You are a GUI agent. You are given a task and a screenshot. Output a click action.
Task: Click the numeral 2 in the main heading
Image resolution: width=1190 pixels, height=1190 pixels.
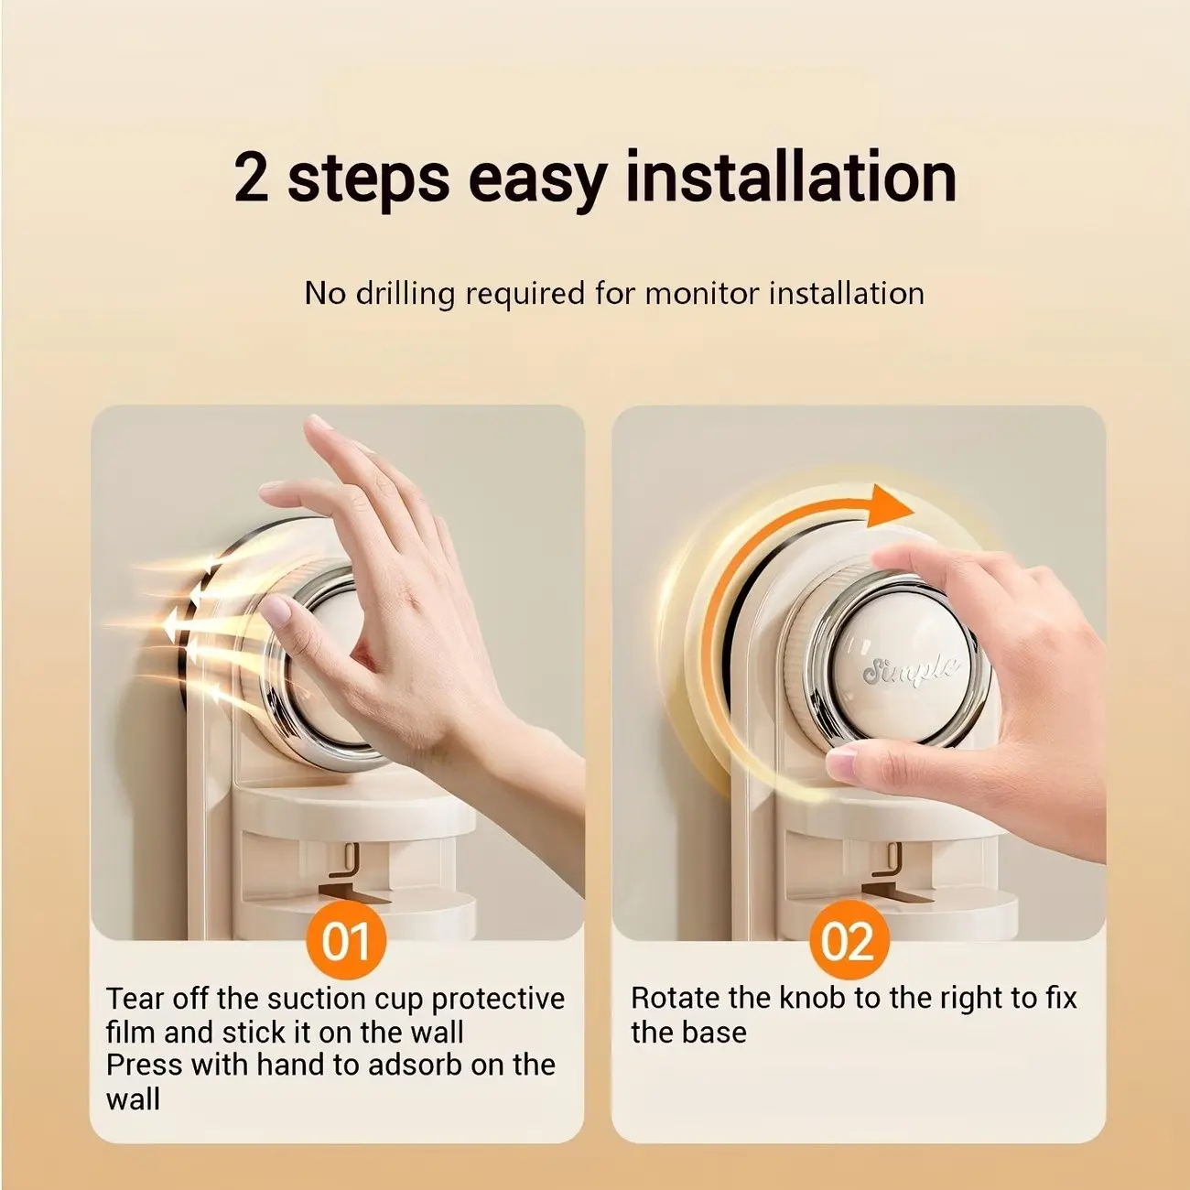252,178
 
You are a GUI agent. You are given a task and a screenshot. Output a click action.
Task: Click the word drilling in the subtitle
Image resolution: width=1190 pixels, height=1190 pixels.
409,293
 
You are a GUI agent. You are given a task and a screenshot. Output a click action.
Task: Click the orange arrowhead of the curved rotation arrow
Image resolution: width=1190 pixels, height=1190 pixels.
888,507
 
